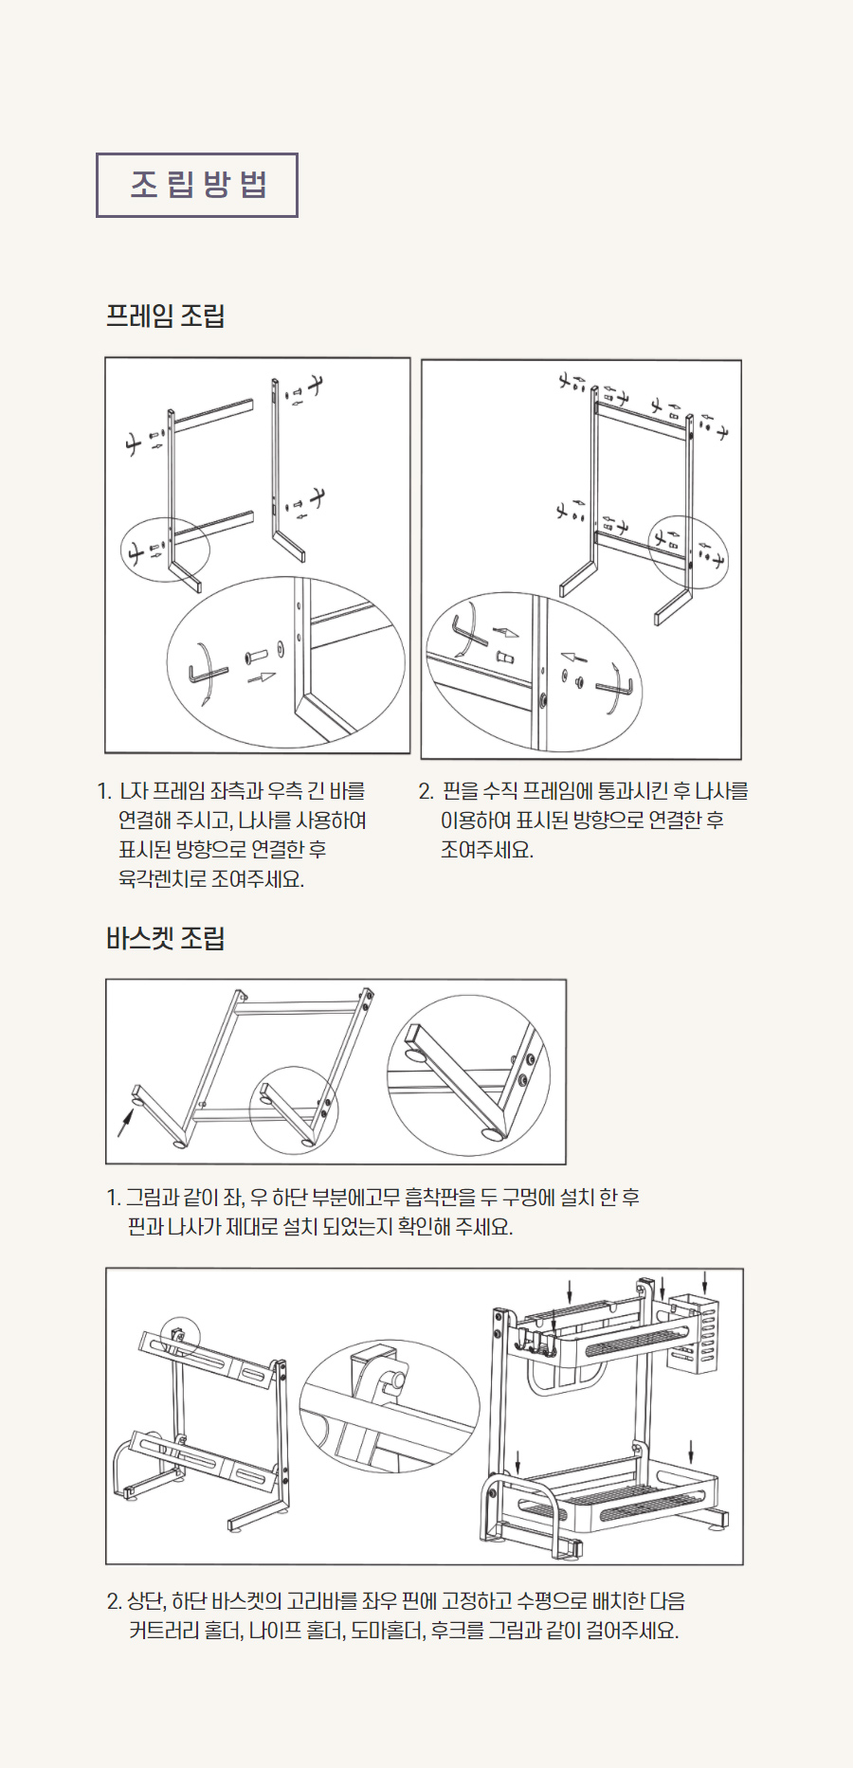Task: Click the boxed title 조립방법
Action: coord(197,185)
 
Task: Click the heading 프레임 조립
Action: coord(165,316)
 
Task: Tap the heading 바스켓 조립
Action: coord(165,938)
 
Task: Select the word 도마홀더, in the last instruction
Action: coord(388,1631)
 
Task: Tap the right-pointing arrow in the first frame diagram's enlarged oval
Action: coord(261,677)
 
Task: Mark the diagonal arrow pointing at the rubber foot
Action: coord(125,1121)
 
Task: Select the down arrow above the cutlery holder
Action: coord(705,1281)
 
